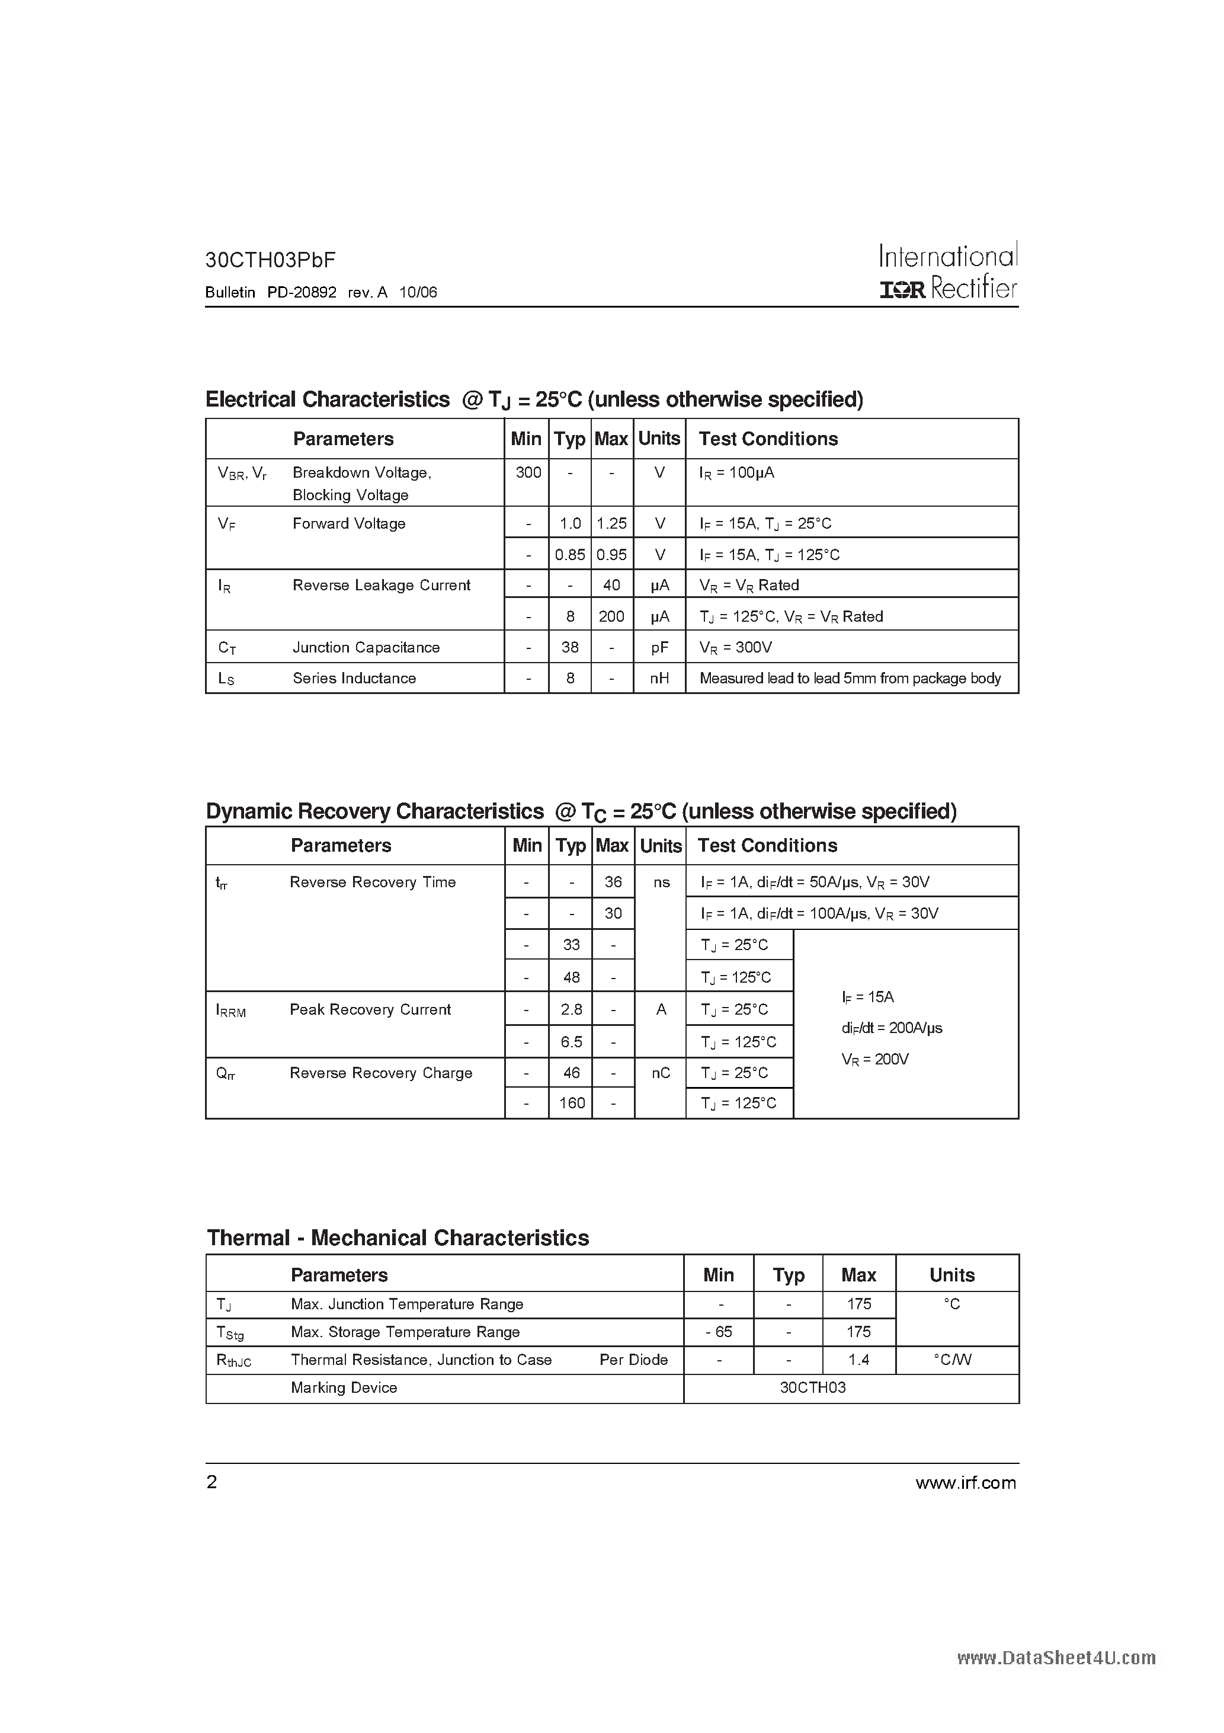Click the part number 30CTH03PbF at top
tap(270, 260)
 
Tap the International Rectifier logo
tap(948, 271)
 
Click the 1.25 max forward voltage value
tap(611, 524)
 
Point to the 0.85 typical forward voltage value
tap(570, 555)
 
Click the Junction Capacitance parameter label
tap(366, 648)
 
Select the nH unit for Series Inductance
tap(659, 679)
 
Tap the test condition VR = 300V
tap(735, 648)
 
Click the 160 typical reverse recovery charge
tap(571, 1103)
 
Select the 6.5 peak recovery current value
tap(571, 1041)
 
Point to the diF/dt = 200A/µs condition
tap(891, 1028)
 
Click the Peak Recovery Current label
tap(370, 1009)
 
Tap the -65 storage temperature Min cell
tap(719, 1332)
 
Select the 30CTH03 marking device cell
tap(813, 1388)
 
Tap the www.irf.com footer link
tap(965, 1483)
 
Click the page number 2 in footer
tap(212, 1482)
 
